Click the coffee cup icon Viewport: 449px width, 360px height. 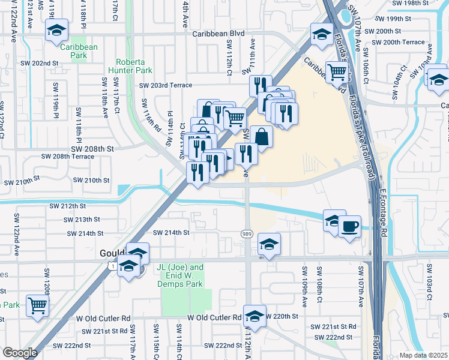350,226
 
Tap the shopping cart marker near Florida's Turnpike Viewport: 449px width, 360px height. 337,73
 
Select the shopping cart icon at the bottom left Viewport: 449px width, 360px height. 37,305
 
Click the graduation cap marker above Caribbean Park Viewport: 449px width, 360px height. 56,30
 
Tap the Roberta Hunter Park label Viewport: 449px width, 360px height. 134,65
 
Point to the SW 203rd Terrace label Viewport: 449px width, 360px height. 166,86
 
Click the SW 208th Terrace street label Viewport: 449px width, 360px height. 67,157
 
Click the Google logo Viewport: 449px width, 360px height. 20,353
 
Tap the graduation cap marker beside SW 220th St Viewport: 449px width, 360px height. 255,317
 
